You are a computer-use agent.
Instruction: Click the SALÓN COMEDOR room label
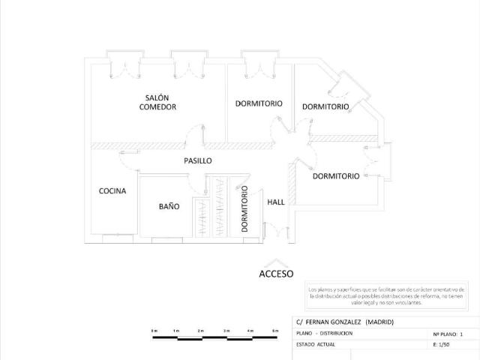click(x=157, y=103)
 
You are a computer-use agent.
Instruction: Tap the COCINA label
click(x=112, y=190)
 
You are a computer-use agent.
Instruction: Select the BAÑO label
click(x=169, y=206)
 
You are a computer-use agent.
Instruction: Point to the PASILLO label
click(x=198, y=160)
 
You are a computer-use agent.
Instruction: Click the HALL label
click(x=276, y=201)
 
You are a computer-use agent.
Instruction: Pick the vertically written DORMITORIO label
click(x=245, y=209)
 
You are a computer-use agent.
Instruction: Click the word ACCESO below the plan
click(x=276, y=274)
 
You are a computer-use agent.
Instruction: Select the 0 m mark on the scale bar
click(x=154, y=331)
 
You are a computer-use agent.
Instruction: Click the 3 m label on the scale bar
click(x=226, y=331)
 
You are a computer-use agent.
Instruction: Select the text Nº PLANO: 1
click(x=448, y=333)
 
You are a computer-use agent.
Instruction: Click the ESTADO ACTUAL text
click(x=316, y=344)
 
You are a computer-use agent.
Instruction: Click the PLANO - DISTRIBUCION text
click(x=325, y=333)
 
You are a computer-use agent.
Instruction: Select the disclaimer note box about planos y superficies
click(x=388, y=295)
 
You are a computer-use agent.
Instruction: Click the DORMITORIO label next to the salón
click(x=259, y=103)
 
